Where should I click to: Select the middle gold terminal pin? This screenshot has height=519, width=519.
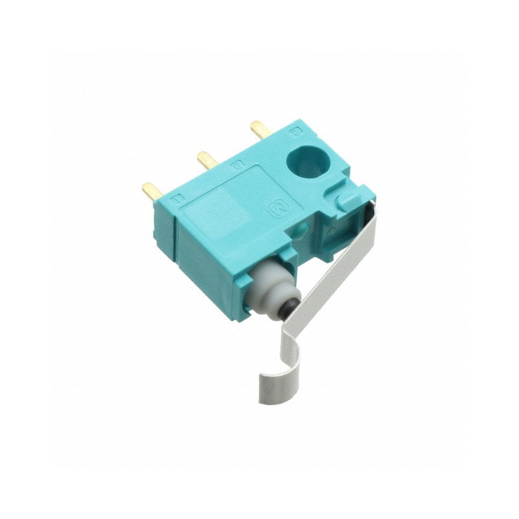[206, 159]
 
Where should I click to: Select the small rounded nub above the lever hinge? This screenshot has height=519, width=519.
[346, 197]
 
